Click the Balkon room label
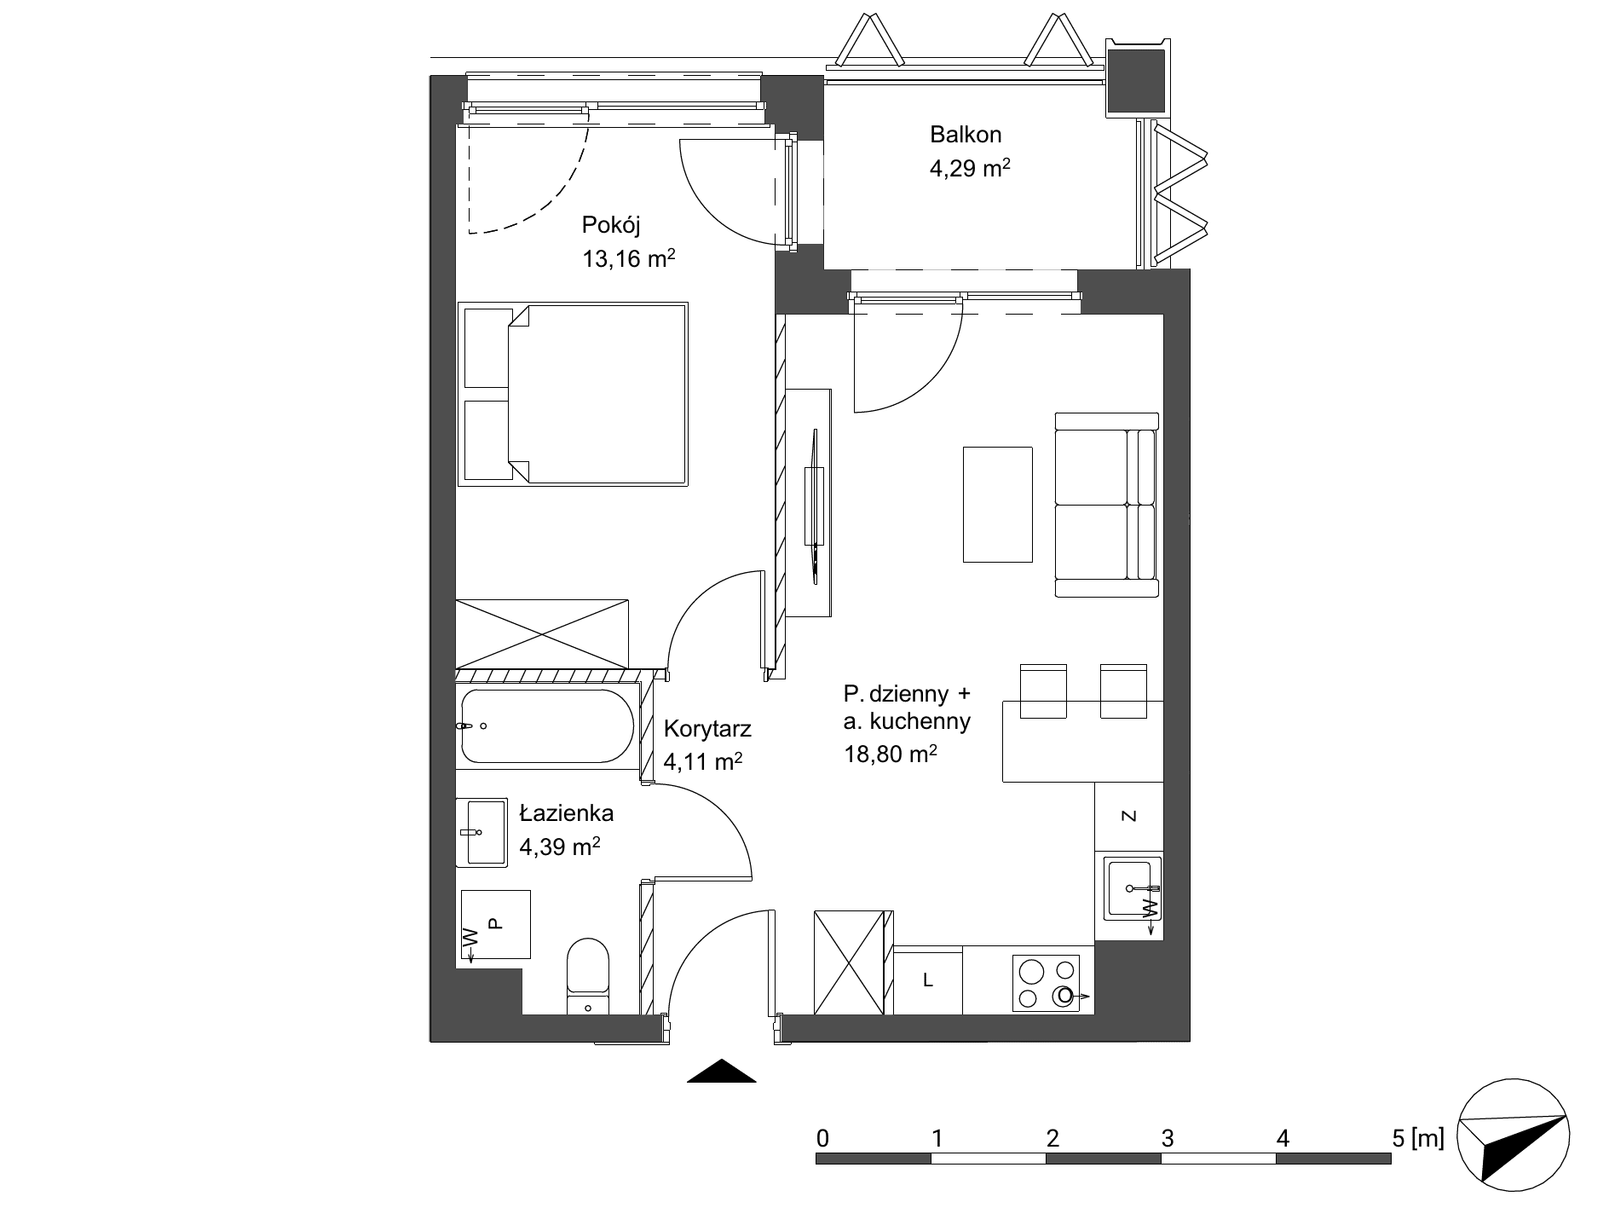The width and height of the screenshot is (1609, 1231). [966, 135]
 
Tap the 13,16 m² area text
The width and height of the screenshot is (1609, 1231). [629, 258]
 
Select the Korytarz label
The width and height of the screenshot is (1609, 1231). [707, 729]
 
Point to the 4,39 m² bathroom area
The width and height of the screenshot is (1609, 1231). [560, 847]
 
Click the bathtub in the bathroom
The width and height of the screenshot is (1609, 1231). [546, 725]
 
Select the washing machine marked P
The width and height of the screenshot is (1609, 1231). [496, 924]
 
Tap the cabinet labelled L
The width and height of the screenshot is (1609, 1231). [928, 980]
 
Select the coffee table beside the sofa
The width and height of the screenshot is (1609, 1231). [998, 504]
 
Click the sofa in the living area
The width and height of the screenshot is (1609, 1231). [1107, 505]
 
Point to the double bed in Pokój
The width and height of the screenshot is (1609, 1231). [573, 394]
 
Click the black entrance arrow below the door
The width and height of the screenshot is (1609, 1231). [722, 1071]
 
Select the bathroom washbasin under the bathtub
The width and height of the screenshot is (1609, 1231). [482, 832]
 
